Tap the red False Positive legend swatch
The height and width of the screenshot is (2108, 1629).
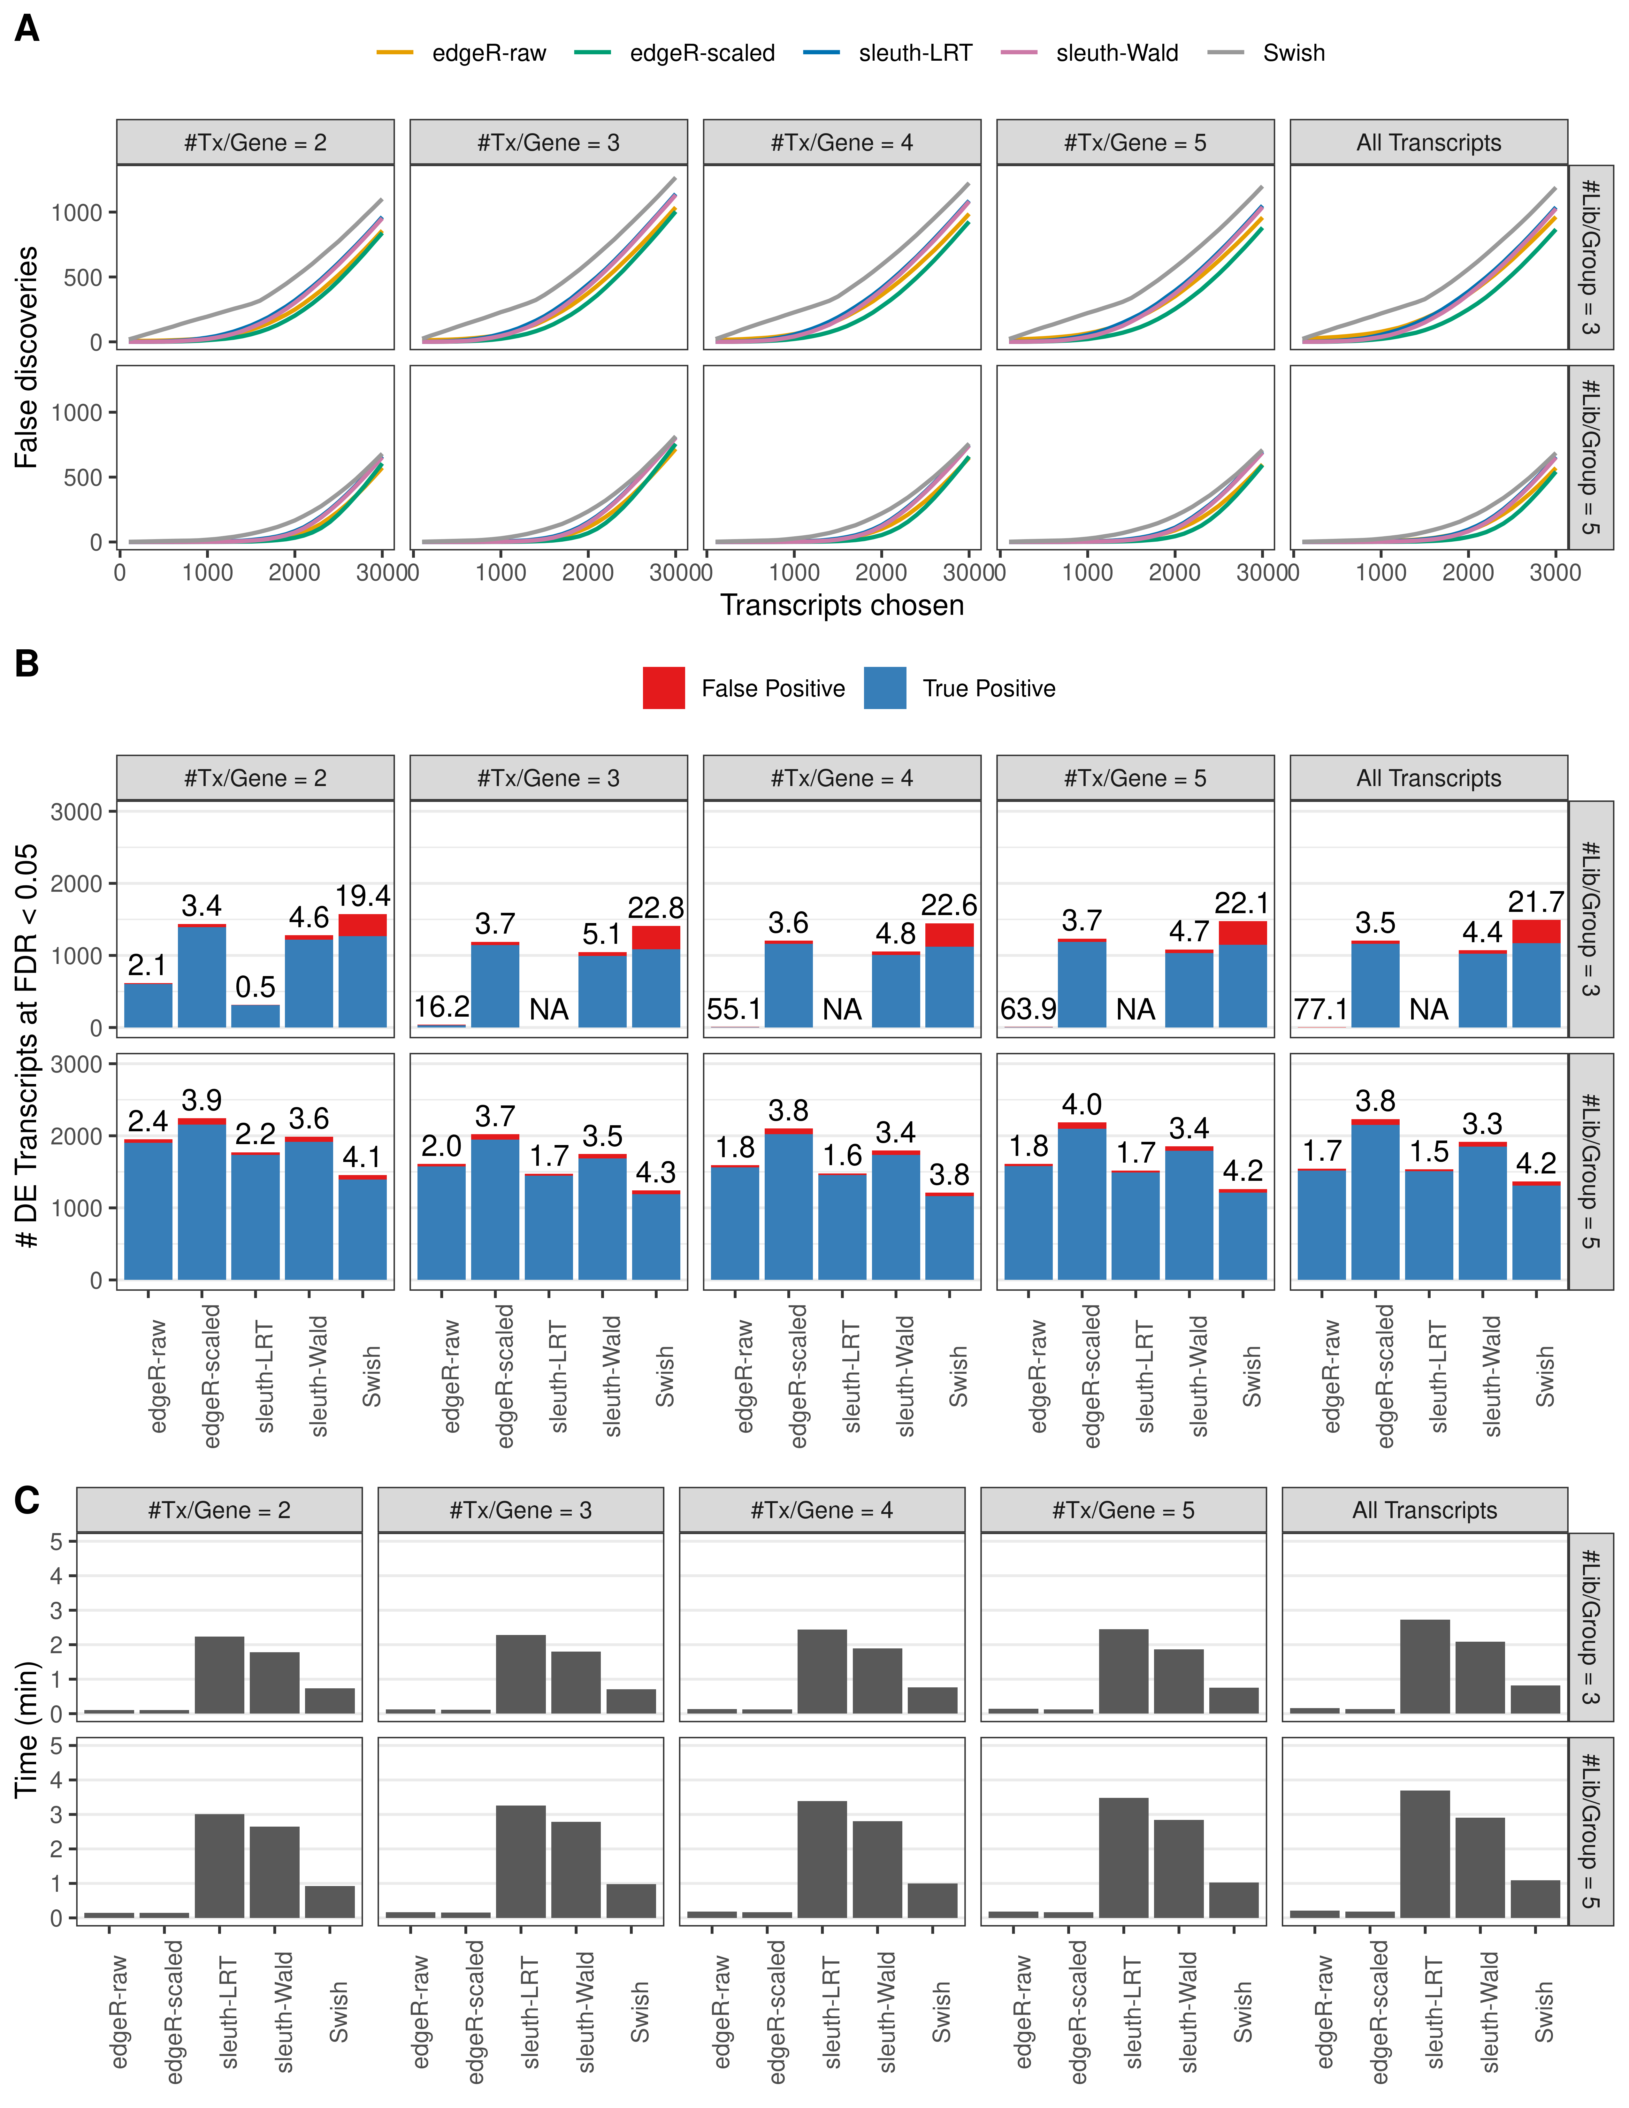[x=664, y=688]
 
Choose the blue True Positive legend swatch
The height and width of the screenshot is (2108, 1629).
[x=885, y=688]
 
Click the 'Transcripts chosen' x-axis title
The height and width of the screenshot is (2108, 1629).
[x=842, y=605]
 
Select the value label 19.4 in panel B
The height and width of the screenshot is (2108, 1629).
[x=363, y=896]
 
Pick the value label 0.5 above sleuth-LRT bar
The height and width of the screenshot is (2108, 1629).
[x=255, y=986]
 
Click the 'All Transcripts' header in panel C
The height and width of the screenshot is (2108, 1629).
[x=1424, y=1510]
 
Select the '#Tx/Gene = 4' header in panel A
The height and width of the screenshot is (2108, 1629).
[x=842, y=143]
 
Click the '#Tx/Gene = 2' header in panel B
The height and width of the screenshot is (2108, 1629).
[x=255, y=778]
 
